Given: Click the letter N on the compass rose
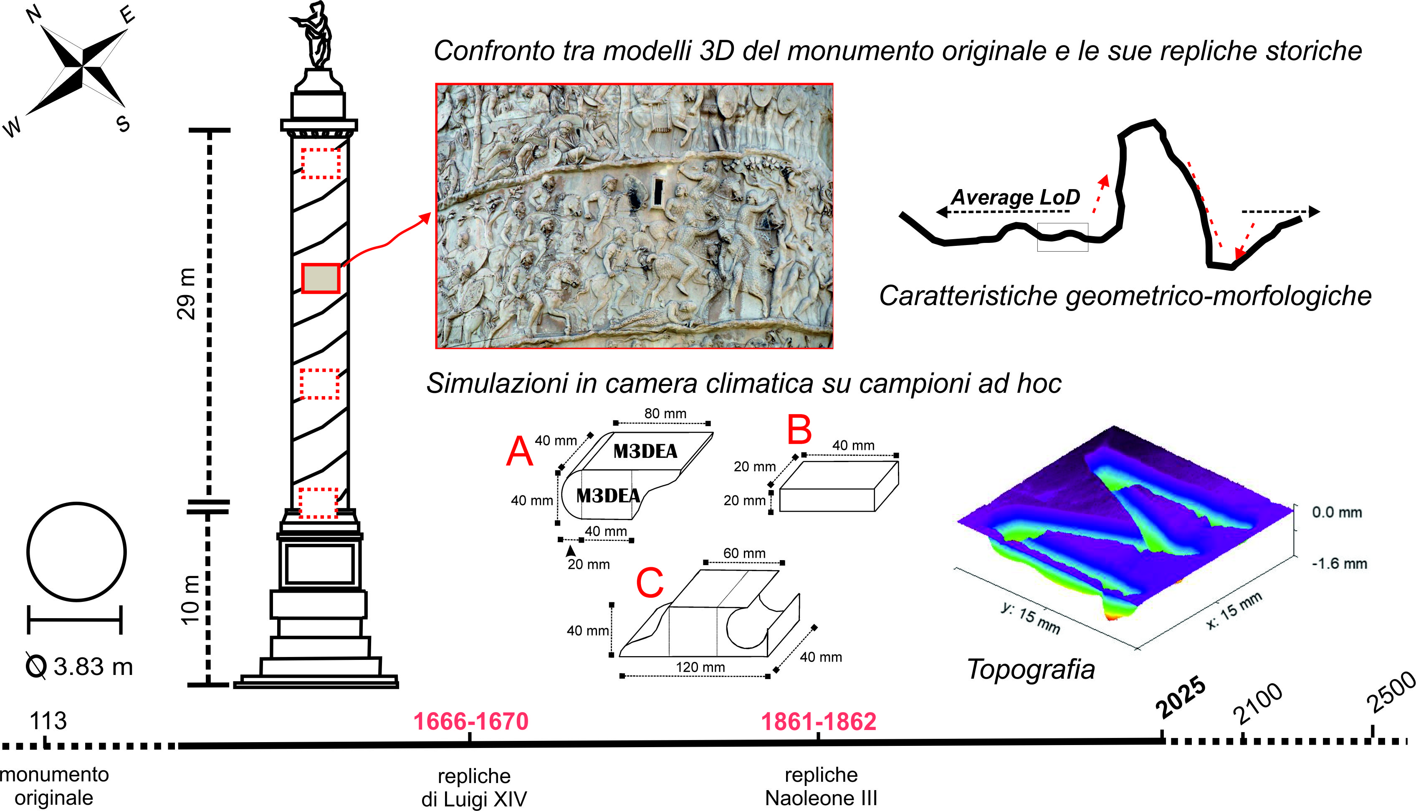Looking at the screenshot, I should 35,14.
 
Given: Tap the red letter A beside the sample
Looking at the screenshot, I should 519,451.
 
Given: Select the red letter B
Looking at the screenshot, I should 799,430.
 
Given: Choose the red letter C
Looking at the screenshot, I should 650,583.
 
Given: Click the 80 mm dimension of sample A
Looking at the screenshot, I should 665,413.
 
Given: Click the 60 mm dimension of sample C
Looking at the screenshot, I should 744,553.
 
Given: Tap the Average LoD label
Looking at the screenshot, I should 1015,197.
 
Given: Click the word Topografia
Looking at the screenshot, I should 1031,669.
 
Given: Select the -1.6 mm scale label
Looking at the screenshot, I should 1339,563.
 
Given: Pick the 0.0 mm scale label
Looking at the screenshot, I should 1337,513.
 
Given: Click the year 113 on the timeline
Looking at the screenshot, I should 48,721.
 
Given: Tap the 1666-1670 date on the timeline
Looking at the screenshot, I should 471,721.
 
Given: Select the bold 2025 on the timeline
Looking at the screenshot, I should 1181,698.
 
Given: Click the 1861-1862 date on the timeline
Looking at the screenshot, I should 818,721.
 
